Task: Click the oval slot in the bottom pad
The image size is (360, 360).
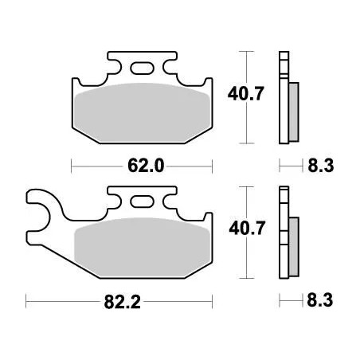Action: pyautogui.click(x=143, y=203)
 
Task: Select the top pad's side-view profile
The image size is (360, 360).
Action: pyautogui.click(x=282, y=100)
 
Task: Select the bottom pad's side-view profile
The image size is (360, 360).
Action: pyautogui.click(x=282, y=235)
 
